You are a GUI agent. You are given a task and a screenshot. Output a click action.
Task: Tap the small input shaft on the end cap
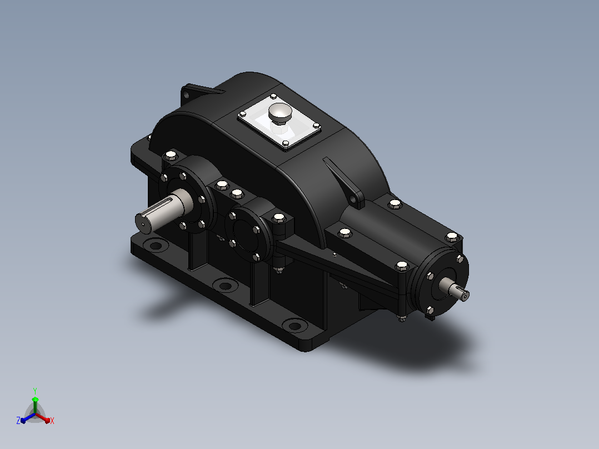coord(455,289)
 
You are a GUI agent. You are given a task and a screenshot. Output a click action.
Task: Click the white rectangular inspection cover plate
coord(279,122)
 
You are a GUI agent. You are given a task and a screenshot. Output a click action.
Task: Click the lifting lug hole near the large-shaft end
coord(186,94)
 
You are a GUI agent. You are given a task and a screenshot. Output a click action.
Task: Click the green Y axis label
coord(35,391)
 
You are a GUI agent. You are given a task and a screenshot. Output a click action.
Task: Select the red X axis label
coord(52,421)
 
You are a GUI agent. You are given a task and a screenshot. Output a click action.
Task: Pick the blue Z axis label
coord(18,421)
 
